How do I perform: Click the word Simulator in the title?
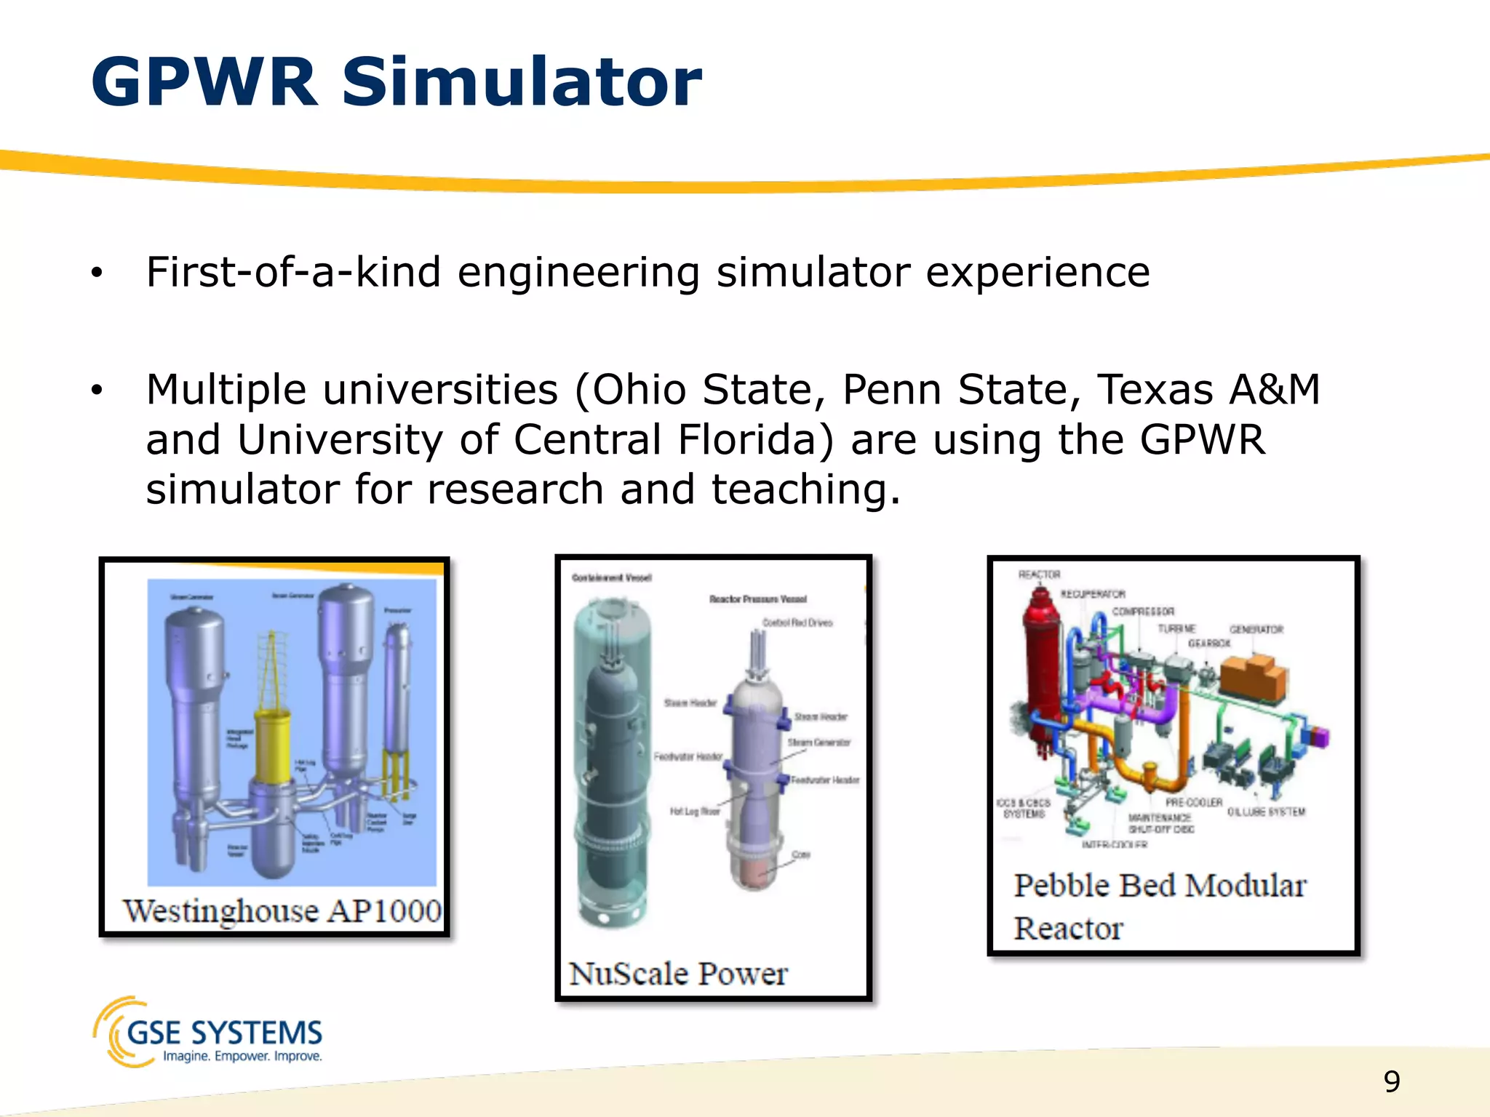[x=521, y=82]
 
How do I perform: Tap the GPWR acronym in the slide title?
[x=204, y=82]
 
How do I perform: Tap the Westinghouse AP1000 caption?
[x=282, y=911]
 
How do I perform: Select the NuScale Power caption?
[x=678, y=974]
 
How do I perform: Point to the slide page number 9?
[x=1392, y=1081]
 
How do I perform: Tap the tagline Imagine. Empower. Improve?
[x=242, y=1056]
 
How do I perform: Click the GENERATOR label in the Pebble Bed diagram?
[x=1256, y=629]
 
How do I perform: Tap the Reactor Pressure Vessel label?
[x=758, y=599]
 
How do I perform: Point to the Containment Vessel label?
[x=612, y=578]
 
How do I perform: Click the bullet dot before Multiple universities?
[x=97, y=391]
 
